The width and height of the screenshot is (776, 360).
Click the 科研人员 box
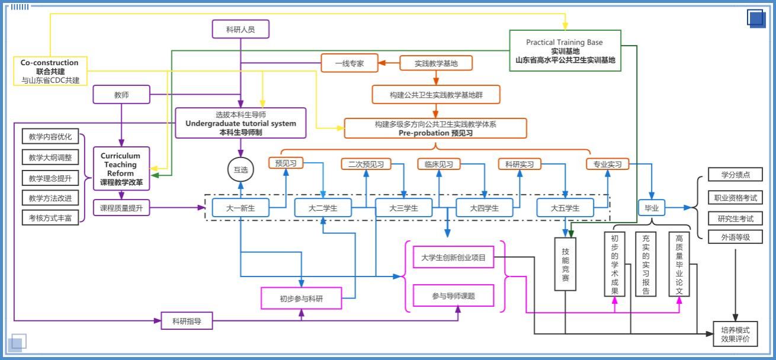tap(241, 29)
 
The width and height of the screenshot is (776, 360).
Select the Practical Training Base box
tap(565, 51)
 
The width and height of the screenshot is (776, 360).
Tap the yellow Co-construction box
tap(50, 71)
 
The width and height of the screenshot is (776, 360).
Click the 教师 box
tap(121, 94)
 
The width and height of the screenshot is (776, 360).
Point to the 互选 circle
tap(241, 170)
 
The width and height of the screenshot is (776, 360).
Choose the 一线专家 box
tap(349, 63)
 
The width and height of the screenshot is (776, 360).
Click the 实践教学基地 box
tap(435, 63)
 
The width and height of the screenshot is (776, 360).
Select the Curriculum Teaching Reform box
tap(121, 169)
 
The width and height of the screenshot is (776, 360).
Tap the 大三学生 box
tap(403, 208)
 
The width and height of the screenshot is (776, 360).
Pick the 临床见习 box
tap(439, 164)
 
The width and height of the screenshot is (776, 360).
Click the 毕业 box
tap(652, 208)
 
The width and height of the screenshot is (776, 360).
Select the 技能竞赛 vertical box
tap(565, 264)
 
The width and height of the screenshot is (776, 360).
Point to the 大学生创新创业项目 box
tap(453, 258)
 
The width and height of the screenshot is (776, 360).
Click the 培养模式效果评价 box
tap(735, 334)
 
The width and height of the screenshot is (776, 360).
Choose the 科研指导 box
tap(187, 321)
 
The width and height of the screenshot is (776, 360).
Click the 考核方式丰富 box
tap(50, 217)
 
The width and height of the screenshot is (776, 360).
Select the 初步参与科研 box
tap(302, 298)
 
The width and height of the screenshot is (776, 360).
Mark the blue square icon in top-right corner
tap(756, 18)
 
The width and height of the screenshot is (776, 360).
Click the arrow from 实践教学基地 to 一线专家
tap(389, 63)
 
